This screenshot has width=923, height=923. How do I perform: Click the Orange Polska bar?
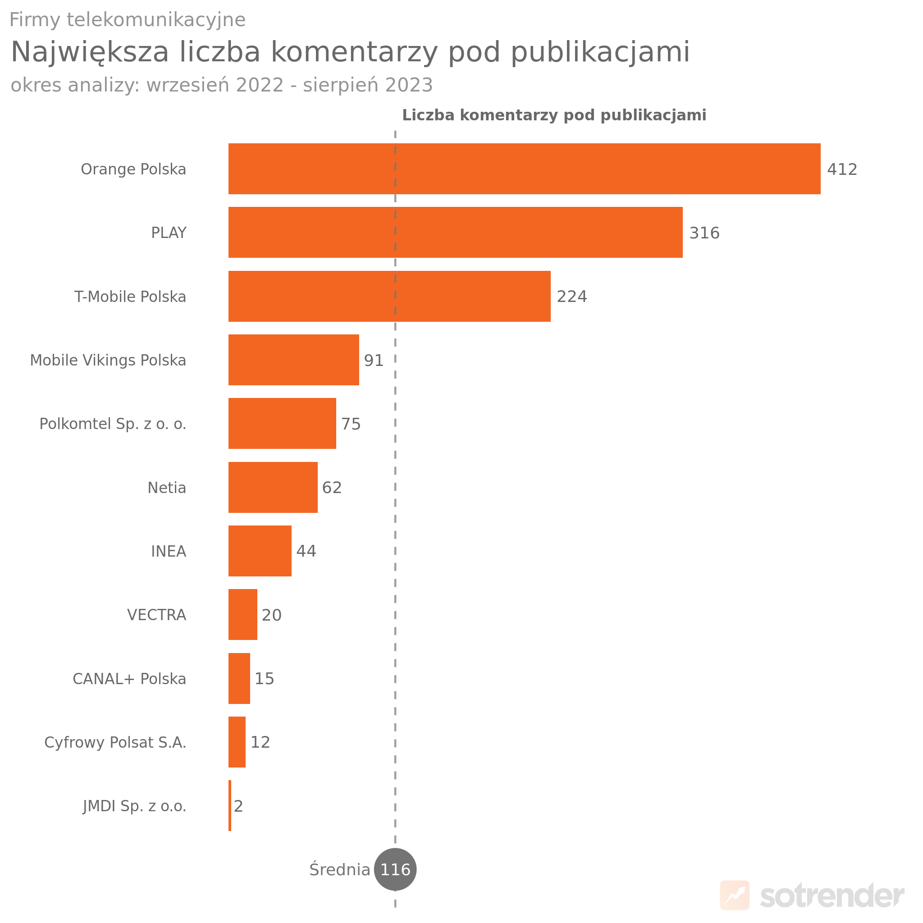click(x=524, y=169)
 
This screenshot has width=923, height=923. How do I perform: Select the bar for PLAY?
click(x=455, y=232)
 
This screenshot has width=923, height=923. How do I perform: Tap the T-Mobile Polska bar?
click(x=389, y=296)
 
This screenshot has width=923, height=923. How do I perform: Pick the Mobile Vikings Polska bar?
click(x=293, y=360)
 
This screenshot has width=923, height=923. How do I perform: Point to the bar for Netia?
click(x=273, y=487)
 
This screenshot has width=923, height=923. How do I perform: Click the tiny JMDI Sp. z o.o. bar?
click(x=230, y=805)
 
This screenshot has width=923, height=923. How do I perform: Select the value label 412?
click(x=842, y=169)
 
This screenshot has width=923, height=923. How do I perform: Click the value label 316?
click(x=704, y=233)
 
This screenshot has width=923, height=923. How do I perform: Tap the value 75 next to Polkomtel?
click(x=351, y=424)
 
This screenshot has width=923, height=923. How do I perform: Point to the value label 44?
click(x=306, y=551)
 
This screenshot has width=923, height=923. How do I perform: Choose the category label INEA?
click(x=168, y=551)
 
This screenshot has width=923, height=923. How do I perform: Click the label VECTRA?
click(x=156, y=615)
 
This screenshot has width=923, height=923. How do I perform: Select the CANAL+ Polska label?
click(x=129, y=679)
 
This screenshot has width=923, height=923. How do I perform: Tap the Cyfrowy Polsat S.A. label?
click(x=115, y=742)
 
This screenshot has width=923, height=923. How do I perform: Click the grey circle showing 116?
click(x=395, y=869)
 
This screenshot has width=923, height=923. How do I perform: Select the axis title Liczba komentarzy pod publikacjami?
click(x=554, y=115)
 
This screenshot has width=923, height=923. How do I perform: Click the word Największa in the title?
click(x=90, y=52)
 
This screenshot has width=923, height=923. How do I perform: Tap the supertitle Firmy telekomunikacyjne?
click(x=127, y=20)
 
